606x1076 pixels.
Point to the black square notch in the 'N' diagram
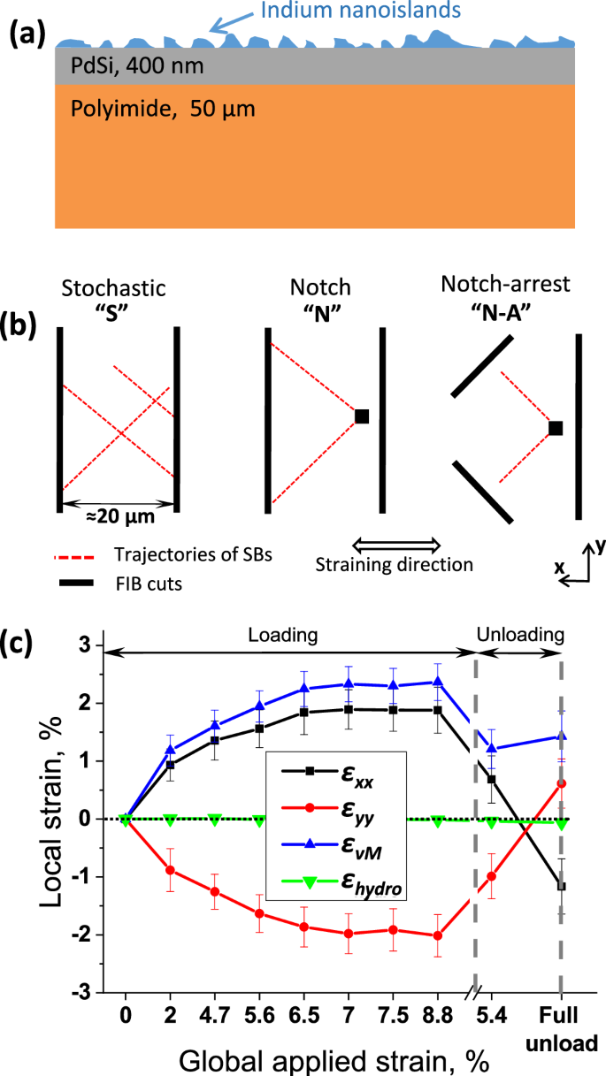click(x=362, y=416)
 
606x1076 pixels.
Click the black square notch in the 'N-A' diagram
click(x=556, y=428)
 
